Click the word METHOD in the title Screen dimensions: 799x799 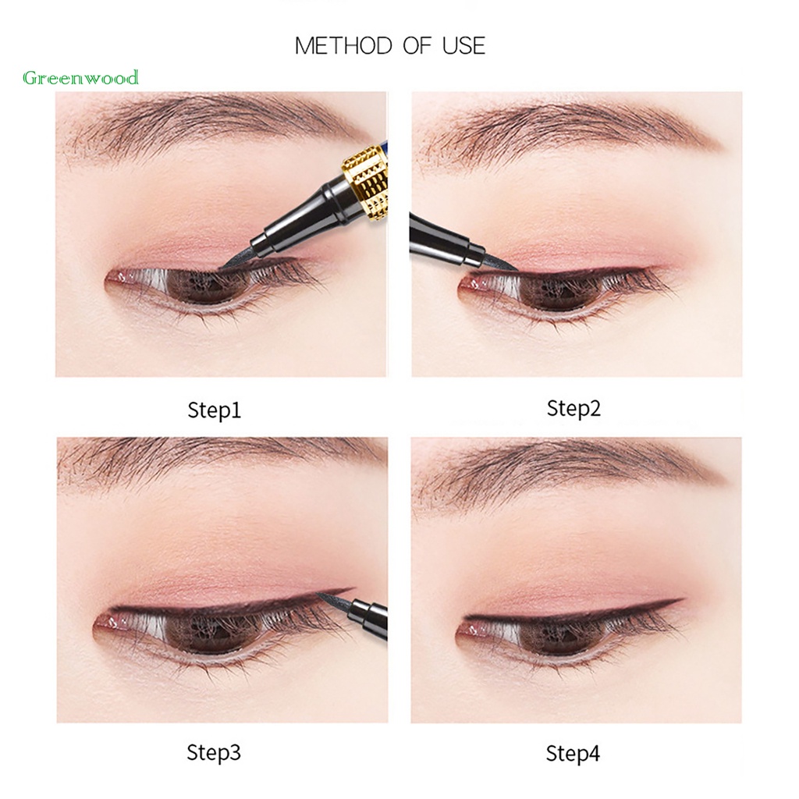(343, 45)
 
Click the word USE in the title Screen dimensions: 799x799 (463, 45)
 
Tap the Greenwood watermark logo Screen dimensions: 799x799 (81, 77)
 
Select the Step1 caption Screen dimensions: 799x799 (214, 410)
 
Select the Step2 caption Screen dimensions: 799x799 (574, 408)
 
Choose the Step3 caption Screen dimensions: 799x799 (214, 753)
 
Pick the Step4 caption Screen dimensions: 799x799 (574, 754)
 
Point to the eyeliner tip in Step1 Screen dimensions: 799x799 (226, 264)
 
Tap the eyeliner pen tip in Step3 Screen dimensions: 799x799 (326, 597)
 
